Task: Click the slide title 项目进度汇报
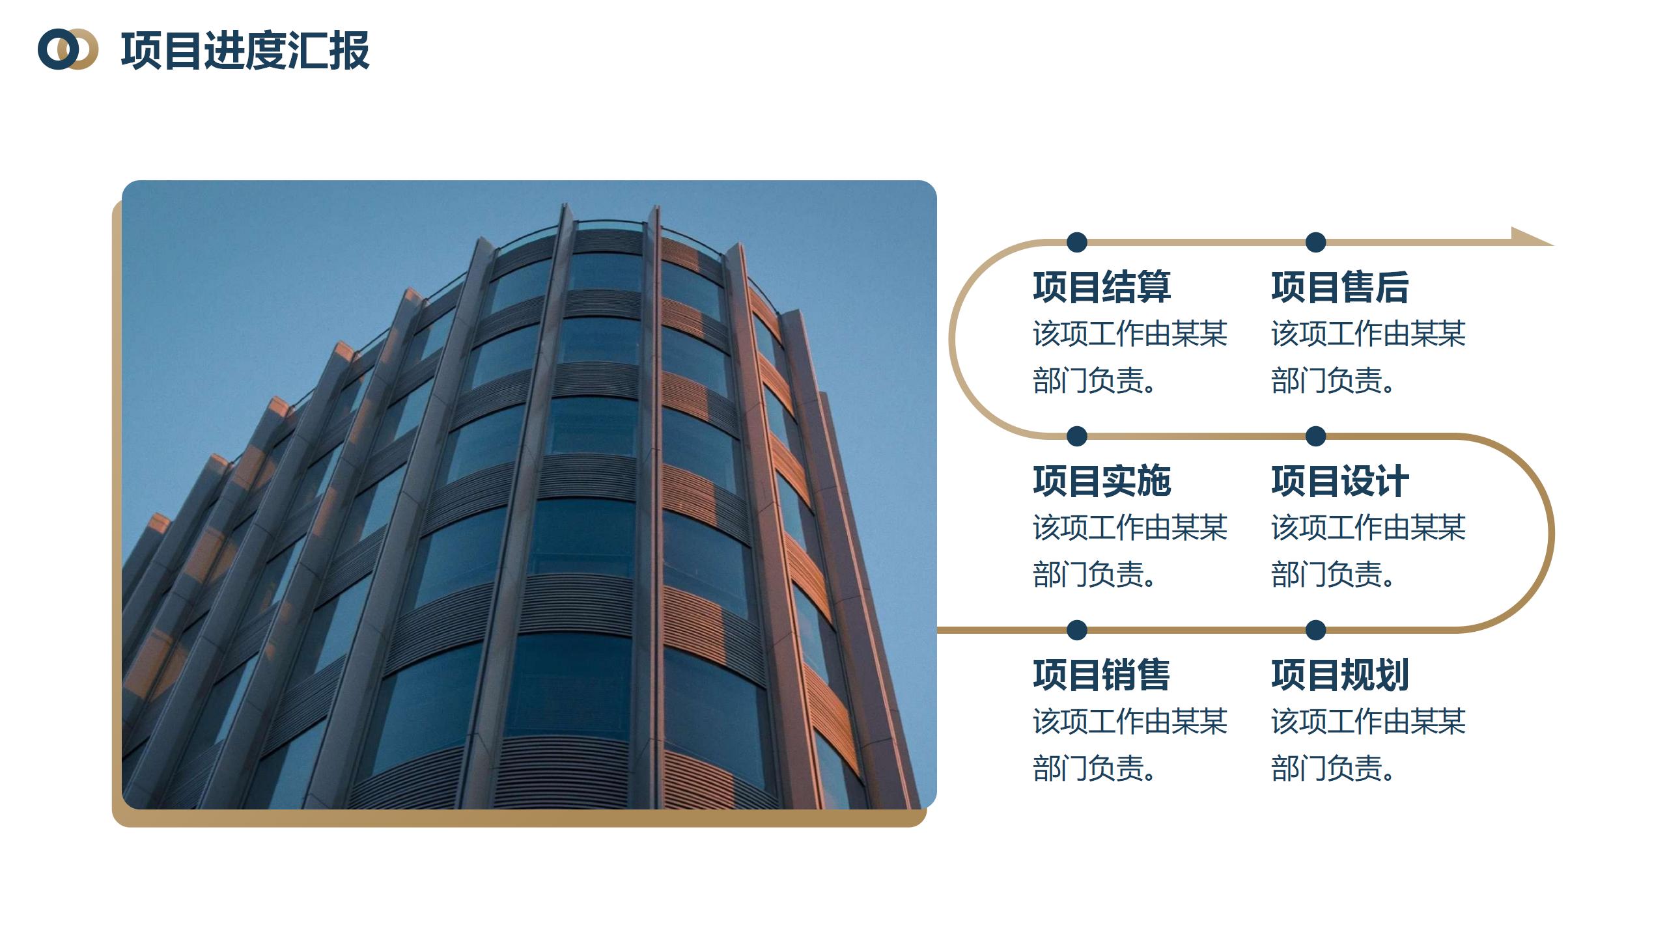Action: tap(245, 50)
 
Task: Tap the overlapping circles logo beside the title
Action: tap(68, 49)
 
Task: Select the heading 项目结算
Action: tap(1102, 287)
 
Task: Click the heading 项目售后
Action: tap(1340, 287)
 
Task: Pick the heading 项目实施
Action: tap(1102, 481)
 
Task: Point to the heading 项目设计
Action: tap(1340, 481)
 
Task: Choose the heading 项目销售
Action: tap(1102, 675)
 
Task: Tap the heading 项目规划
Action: tap(1340, 675)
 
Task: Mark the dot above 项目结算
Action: tap(1077, 242)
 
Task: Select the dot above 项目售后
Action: tap(1316, 242)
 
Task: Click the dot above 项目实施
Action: tap(1077, 436)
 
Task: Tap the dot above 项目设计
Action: tap(1316, 436)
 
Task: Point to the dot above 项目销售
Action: tap(1077, 630)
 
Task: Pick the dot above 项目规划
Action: tap(1316, 630)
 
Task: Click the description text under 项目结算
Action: tap(1130, 357)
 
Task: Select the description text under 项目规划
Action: tap(1368, 744)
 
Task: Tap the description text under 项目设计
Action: tap(1368, 550)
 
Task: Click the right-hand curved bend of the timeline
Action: tap(1551, 533)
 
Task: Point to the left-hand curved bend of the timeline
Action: tap(952, 338)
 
